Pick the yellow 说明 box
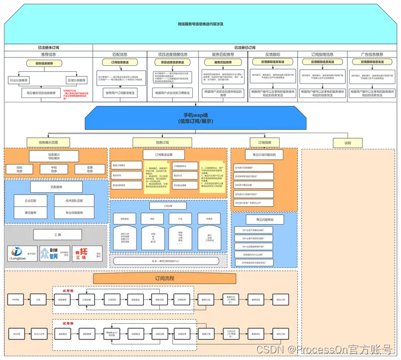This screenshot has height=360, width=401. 348,143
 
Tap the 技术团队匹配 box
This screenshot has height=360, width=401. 75,201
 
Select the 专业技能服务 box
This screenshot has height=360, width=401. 75,213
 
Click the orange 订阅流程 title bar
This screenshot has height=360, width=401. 162,278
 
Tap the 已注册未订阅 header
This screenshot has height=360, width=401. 48,48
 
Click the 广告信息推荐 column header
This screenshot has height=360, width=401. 371,55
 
